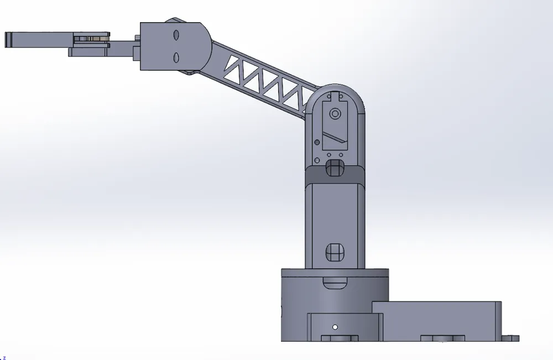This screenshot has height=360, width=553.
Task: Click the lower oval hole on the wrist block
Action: [x=176, y=58]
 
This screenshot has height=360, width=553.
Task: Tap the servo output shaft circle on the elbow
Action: [x=335, y=114]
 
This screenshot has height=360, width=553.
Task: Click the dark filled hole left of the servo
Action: [x=317, y=140]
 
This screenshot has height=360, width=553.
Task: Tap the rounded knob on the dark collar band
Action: [x=335, y=168]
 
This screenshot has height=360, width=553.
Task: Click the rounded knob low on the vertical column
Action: [x=335, y=252]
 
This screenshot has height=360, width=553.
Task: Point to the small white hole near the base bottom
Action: [x=335, y=327]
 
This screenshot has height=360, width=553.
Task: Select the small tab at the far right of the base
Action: [x=512, y=338]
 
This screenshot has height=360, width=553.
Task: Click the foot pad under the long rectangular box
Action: [x=442, y=338]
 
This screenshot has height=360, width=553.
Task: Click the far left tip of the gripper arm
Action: [x=7, y=40]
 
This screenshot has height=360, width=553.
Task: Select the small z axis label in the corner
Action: [x=4, y=357]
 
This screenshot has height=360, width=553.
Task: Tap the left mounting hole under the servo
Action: [x=329, y=155]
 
